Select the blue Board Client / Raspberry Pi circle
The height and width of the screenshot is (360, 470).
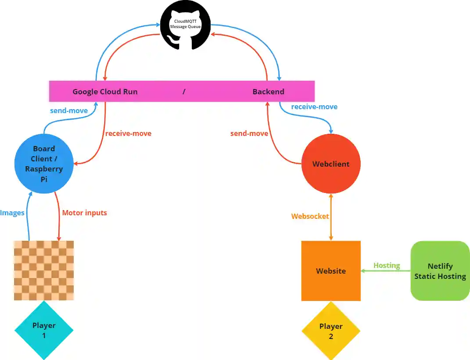coord(44,164)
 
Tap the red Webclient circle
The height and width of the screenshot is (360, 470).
coord(331,164)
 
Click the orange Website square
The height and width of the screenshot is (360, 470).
coord(331,271)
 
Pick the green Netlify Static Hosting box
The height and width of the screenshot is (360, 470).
coord(440,271)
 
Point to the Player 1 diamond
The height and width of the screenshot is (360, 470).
coord(44,330)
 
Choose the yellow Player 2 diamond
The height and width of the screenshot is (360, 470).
coord(331,331)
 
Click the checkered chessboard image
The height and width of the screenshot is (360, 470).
coord(44,270)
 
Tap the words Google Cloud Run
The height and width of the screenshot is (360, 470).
coord(105,92)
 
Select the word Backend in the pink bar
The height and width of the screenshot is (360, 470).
coord(268,92)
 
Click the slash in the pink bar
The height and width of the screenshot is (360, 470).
coord(184,92)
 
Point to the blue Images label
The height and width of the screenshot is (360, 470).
coord(12,213)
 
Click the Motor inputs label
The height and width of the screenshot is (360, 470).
coord(84,213)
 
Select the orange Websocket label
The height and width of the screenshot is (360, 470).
coord(310,216)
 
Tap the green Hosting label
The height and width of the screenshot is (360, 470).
coord(387,265)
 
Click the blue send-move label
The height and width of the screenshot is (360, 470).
coord(69,110)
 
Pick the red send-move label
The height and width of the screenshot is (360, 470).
coord(249,133)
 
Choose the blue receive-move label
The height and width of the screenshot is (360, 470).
coord(314,107)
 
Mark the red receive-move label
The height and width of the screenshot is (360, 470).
coord(128,133)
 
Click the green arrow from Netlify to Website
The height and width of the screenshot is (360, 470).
coord(386,271)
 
